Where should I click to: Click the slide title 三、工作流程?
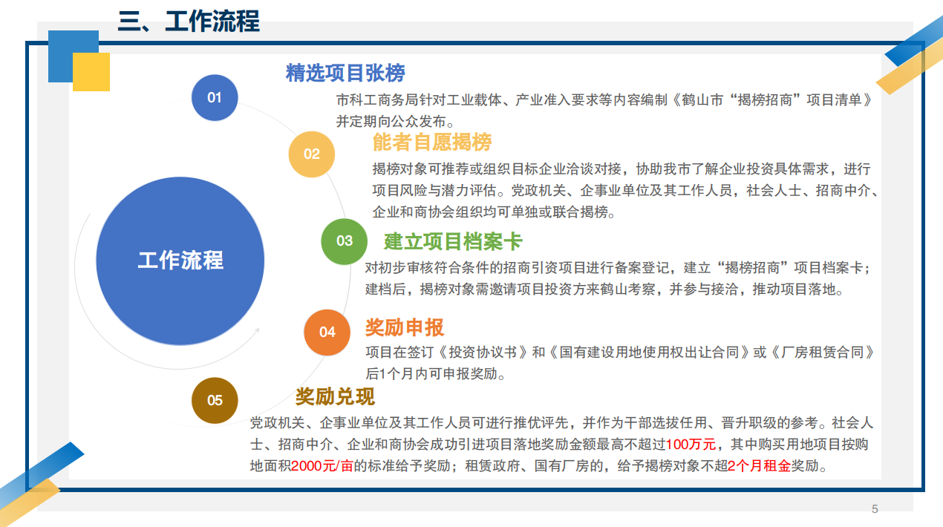click(189, 21)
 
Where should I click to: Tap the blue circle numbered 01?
click(215, 98)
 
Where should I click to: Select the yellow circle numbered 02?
click(312, 154)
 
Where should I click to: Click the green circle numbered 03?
click(344, 241)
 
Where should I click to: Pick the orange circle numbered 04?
click(327, 332)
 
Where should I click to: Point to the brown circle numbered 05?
click(215, 400)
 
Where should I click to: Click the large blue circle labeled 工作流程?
click(180, 261)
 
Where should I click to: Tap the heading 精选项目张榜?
click(345, 73)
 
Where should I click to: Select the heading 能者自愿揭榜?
click(432, 142)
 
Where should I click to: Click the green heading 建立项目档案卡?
click(453, 242)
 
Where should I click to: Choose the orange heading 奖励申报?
click(405, 327)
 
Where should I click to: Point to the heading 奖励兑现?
click(335, 396)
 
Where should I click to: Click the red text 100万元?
click(691, 444)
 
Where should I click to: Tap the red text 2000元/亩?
click(322, 466)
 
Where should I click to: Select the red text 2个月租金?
click(759, 466)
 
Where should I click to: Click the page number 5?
click(875, 509)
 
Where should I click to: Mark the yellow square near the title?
click(91, 71)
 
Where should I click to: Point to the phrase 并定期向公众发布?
click(391, 121)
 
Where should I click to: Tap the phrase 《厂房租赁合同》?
click(823, 352)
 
